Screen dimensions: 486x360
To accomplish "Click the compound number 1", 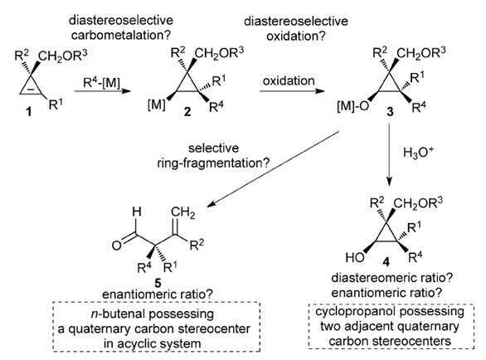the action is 29,111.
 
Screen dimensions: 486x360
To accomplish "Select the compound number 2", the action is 187,112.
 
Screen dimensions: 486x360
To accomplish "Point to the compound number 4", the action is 386,263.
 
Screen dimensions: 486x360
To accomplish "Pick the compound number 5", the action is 158,283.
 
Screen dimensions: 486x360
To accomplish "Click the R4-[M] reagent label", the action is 102,83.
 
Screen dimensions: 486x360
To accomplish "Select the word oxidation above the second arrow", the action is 289,81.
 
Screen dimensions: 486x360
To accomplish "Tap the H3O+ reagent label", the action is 418,153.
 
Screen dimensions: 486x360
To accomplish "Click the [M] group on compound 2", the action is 157,105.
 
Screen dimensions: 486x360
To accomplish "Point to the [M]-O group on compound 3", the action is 353,106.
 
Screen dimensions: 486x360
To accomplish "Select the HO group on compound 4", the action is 355,257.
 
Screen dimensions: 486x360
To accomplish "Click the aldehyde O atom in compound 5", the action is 117,246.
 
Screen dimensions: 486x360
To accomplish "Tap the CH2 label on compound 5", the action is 182,212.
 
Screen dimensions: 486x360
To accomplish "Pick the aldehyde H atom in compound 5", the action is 137,212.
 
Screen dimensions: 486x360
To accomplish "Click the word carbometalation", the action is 121,35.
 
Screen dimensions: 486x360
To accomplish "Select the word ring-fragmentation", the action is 213,163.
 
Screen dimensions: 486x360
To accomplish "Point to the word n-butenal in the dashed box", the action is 123,314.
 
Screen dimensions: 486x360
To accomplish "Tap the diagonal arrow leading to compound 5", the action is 274,169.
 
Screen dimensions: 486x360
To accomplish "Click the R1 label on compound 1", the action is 56,105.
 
